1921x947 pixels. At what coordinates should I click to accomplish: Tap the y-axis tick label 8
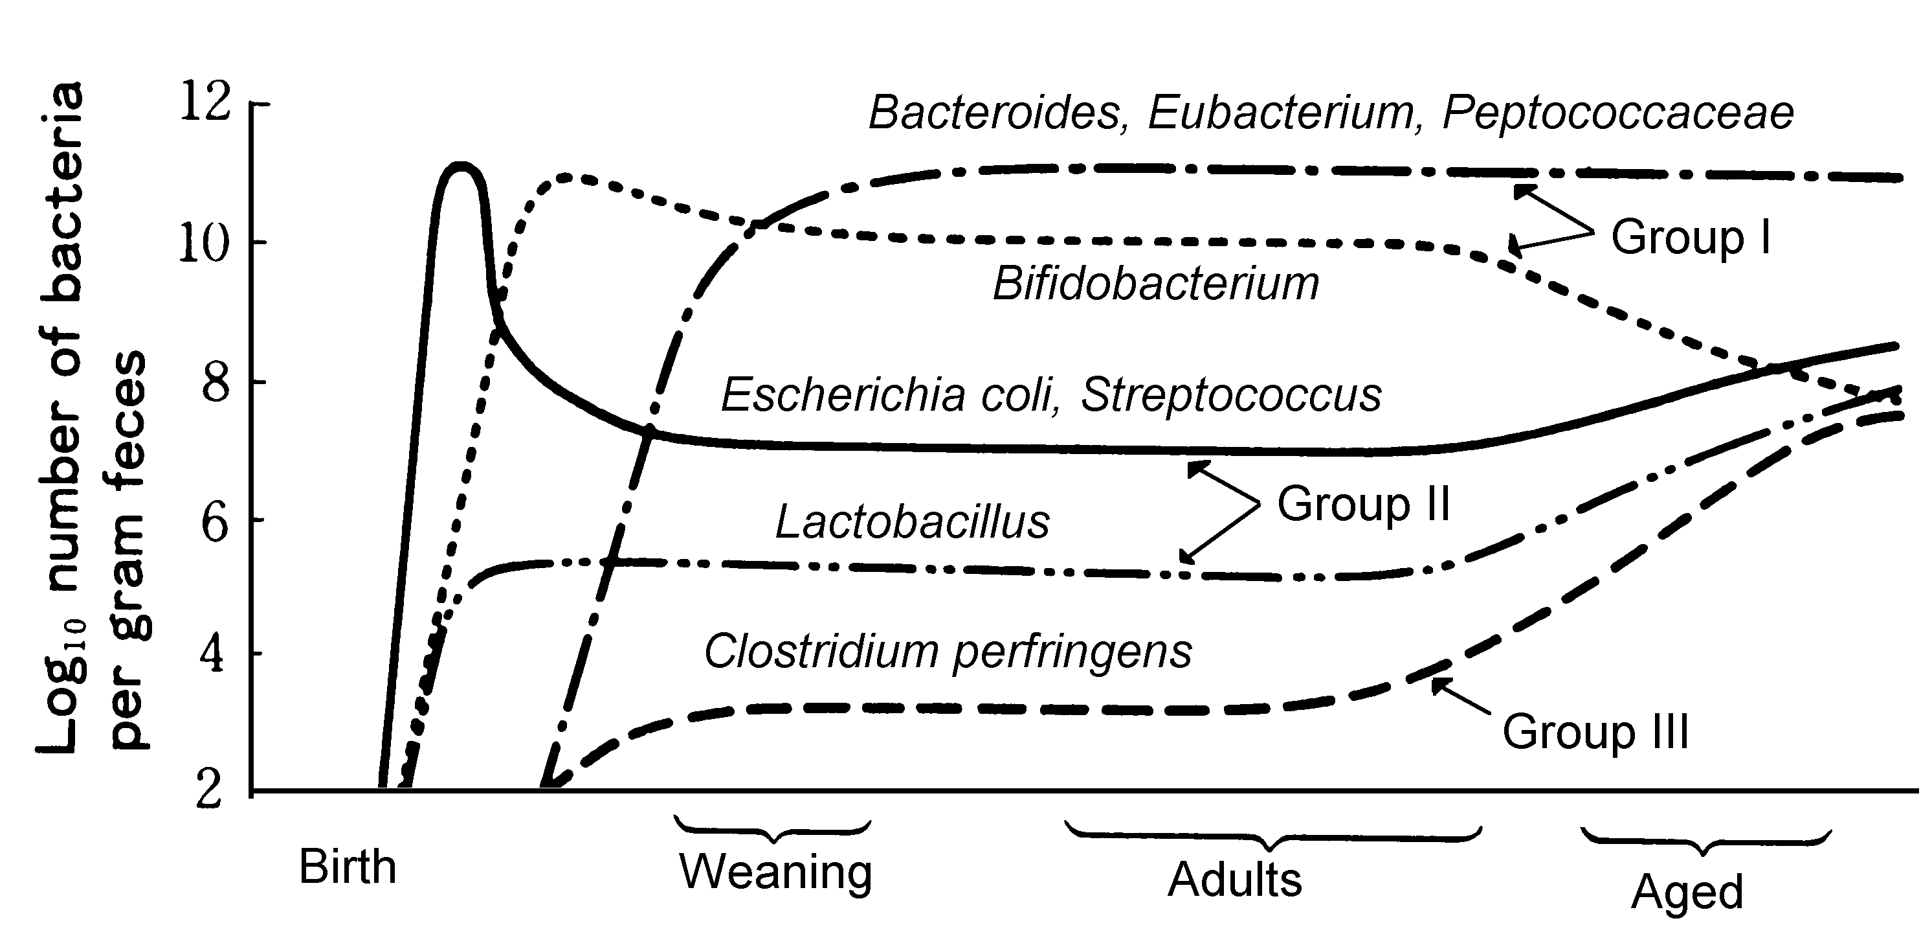pyautogui.click(x=215, y=382)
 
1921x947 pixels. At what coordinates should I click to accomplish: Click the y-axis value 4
pyautogui.click(x=214, y=654)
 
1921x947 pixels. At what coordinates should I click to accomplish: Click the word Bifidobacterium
pyautogui.click(x=1155, y=284)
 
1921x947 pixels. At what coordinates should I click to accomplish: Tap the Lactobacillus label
pyautogui.click(x=912, y=521)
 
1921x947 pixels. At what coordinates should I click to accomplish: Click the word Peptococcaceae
pyautogui.click(x=1617, y=113)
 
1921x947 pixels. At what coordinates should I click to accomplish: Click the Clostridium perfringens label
pyautogui.click(x=948, y=652)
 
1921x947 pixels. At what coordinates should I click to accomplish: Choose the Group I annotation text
pyautogui.click(x=1690, y=237)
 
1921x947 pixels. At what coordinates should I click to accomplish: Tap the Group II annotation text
pyautogui.click(x=1363, y=504)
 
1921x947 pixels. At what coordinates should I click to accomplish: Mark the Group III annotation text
pyautogui.click(x=1595, y=732)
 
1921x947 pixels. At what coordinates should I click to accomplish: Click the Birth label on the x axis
pyautogui.click(x=348, y=867)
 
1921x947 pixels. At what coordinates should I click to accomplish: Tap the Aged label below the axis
pyautogui.click(x=1687, y=892)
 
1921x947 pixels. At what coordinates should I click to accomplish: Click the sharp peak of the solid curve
pyautogui.click(x=461, y=165)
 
